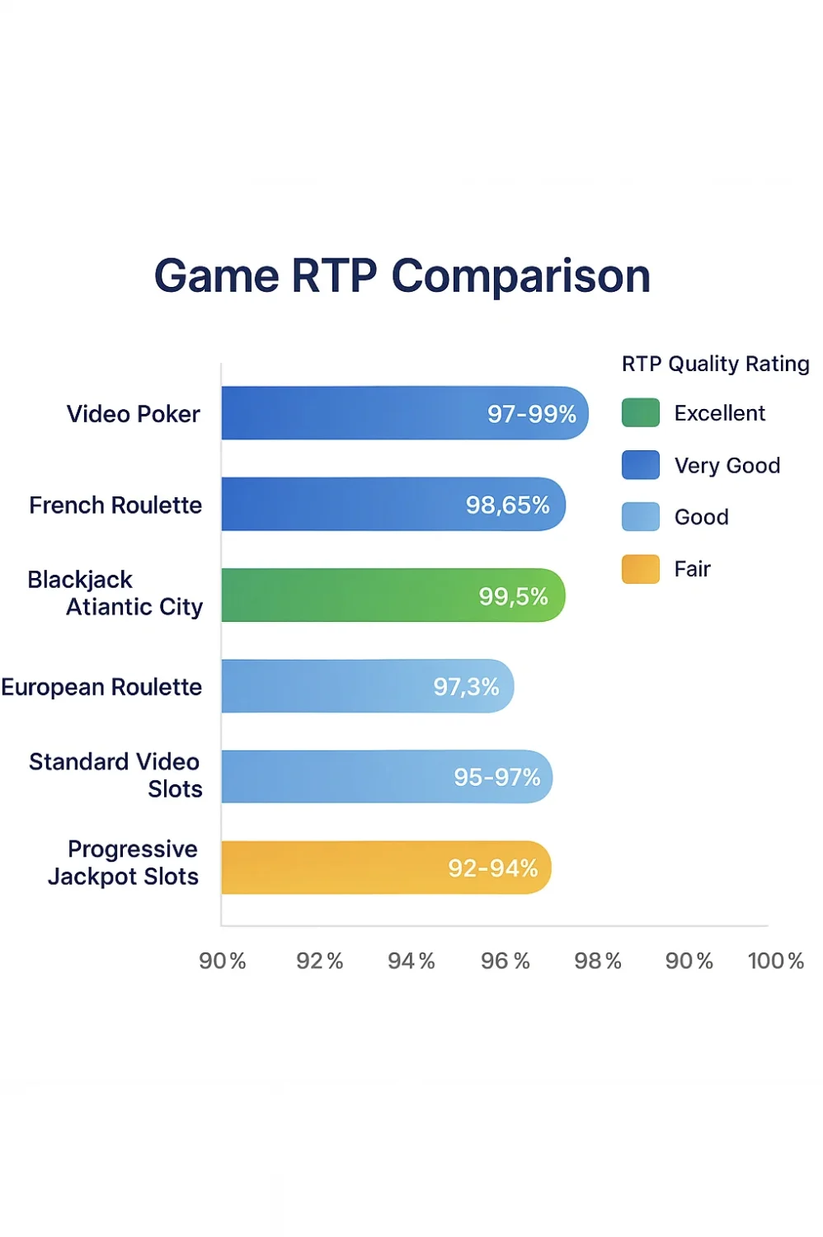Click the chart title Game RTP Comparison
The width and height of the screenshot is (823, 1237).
402,275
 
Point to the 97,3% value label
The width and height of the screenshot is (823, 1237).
466,686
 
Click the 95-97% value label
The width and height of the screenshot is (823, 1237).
496,777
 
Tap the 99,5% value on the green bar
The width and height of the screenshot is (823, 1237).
513,595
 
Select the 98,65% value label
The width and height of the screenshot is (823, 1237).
507,505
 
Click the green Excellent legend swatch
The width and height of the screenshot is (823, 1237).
640,412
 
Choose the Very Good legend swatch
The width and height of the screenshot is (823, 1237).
640,465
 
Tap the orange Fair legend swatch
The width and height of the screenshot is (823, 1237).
640,569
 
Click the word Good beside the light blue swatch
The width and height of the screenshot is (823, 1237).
701,517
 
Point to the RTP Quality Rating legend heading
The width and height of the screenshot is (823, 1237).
715,364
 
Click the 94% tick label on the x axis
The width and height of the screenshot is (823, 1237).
411,961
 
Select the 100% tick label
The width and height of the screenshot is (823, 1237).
775,961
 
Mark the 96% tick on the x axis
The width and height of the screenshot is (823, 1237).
505,961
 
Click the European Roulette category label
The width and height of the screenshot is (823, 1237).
101,687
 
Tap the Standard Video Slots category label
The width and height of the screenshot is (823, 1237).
115,775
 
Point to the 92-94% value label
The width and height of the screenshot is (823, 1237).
492,868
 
